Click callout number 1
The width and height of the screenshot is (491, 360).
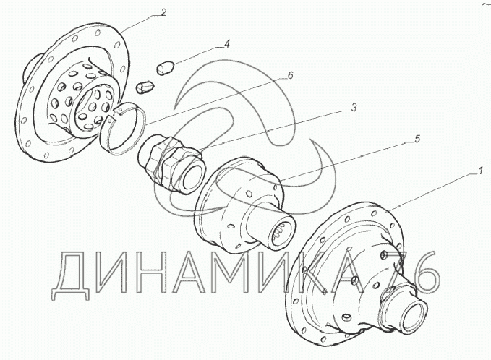[x=479, y=171]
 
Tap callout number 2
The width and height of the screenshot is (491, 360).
[x=163, y=13]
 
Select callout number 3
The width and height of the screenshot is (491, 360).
[x=354, y=108]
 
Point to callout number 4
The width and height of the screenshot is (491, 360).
[x=227, y=43]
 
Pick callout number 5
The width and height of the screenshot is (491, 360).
[x=417, y=139]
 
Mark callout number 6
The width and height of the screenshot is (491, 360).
[x=290, y=75]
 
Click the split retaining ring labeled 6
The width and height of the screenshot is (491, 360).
[x=123, y=129]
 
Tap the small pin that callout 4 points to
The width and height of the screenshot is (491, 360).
[x=165, y=69]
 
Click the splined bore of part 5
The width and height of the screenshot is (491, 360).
[x=282, y=234]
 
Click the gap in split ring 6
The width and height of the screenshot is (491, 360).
[x=114, y=114]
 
